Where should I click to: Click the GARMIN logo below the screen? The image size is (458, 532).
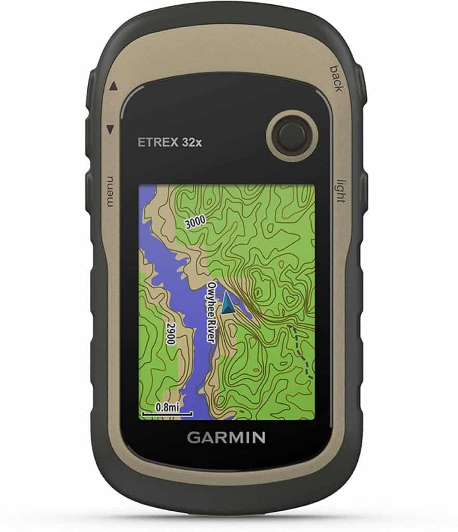click(226, 437)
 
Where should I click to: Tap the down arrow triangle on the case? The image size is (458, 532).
click(110, 128)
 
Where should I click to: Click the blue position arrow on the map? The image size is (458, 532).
click(227, 303)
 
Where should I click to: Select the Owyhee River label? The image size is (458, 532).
click(210, 312)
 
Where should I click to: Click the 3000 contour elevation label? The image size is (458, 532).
click(195, 221)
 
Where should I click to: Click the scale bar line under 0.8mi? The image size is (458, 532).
click(166, 415)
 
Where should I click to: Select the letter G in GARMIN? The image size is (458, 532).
click(193, 437)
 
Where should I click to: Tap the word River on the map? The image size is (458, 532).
click(210, 330)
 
